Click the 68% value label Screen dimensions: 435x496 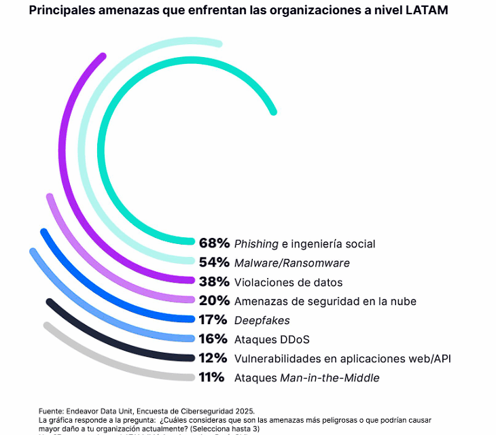[x=213, y=243]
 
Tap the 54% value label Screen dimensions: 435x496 [x=213, y=262]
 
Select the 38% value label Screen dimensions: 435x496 [x=213, y=281]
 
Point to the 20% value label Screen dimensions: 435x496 [x=213, y=300]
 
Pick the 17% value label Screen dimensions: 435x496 [x=213, y=319]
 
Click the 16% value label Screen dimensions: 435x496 [x=213, y=338]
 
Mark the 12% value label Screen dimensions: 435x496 [x=213, y=358]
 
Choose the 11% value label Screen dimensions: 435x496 [x=212, y=377]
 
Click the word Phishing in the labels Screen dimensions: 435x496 [x=255, y=243]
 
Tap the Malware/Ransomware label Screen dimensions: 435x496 [x=291, y=262]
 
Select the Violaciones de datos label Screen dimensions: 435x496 [x=288, y=282]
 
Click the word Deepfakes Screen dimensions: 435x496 [x=262, y=320]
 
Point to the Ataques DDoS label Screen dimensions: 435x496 [x=272, y=339]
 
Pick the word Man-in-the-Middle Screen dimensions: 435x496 [x=330, y=378]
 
